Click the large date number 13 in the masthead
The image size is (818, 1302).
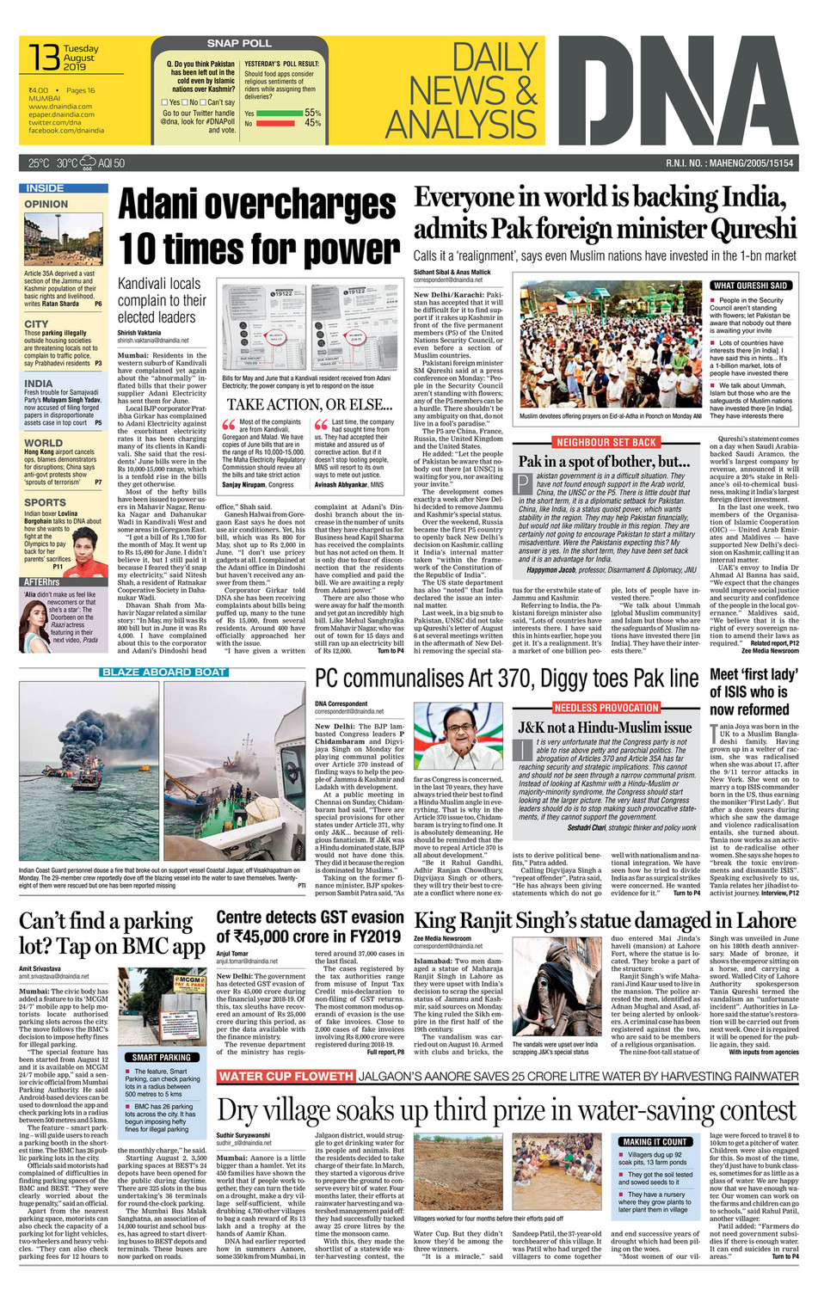coord(44,57)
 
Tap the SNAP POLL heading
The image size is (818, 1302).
coord(238,43)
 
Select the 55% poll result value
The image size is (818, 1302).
coord(312,113)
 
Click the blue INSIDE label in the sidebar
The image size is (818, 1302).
coord(45,187)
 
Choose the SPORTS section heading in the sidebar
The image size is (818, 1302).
coord(45,502)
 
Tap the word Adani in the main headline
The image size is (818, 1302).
coord(160,206)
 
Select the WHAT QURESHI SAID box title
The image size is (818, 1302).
coord(750,286)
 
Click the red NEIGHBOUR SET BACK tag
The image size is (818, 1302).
coord(606,442)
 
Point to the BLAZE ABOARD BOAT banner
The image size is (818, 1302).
coord(163,672)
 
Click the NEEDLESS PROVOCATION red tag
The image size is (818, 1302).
coord(606,708)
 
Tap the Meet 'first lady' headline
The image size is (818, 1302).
coord(753,674)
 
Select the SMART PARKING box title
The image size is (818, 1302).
coord(162,1058)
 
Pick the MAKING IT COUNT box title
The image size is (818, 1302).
coord(655,1142)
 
